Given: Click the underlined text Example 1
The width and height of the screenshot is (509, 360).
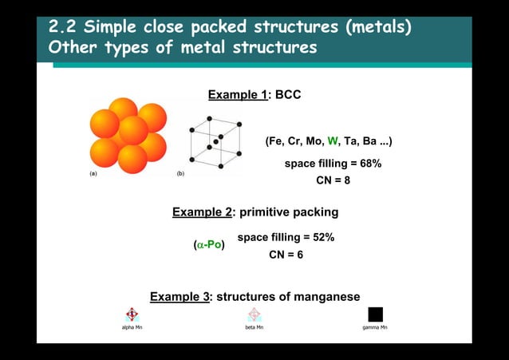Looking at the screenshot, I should click(237, 96).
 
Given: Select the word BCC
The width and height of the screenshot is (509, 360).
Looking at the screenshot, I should click(288, 96).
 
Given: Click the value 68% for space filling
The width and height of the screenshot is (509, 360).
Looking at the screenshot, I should click(368, 164).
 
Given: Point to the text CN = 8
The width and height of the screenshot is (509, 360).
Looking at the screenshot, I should click(333, 180).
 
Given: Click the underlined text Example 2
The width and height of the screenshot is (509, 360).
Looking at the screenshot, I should click(202, 212).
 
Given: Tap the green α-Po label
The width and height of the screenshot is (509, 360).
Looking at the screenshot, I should click(210, 244).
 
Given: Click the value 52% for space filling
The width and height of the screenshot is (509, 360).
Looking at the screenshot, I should click(319, 238).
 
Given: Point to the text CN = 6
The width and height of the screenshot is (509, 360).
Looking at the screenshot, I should click(286, 255).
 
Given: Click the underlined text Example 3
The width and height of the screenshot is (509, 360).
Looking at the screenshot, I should click(180, 297).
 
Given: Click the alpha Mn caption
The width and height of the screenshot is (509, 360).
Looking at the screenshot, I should click(132, 328).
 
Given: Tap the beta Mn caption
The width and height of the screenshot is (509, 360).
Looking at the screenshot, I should click(254, 328).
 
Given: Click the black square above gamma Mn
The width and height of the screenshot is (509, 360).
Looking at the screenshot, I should click(375, 314).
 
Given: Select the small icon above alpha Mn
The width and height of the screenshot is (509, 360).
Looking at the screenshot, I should click(132, 314).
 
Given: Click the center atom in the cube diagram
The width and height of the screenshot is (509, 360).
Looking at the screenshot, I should click(215, 141).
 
